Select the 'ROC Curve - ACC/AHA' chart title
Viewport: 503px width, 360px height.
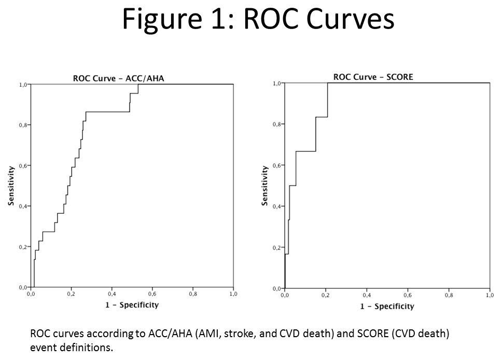point(122,79)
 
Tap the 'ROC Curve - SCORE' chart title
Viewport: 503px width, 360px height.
point(373,77)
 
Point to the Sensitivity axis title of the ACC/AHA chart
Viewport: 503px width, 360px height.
point(11,186)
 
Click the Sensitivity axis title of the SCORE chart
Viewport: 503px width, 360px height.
point(264,186)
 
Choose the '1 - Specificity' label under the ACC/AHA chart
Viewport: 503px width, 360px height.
point(132,304)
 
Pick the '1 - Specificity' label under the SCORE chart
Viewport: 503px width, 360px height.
point(387,306)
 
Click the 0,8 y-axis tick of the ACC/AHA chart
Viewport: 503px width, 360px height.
point(22,125)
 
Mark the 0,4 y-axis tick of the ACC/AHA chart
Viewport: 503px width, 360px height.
point(22,206)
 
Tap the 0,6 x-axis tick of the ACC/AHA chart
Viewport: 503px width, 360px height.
point(152,294)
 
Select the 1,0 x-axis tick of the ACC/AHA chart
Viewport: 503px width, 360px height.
point(233,294)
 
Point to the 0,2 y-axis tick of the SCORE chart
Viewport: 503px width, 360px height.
point(277,247)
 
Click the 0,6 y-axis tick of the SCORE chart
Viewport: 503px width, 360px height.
point(277,165)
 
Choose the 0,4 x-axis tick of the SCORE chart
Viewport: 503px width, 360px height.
point(367,295)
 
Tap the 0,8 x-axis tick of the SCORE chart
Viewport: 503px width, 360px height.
point(449,295)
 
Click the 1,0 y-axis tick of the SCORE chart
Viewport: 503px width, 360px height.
point(277,84)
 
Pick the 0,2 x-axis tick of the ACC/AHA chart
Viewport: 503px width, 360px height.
point(72,294)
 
